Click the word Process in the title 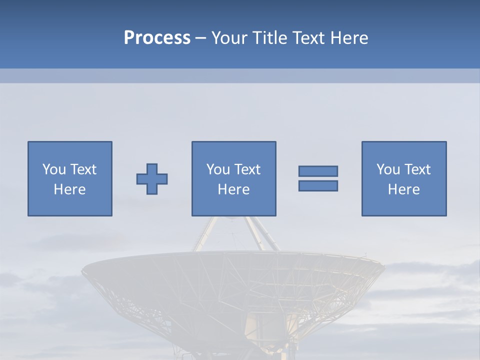[157, 38]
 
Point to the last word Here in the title [349, 38]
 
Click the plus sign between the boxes [152, 178]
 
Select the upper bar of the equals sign [318, 171]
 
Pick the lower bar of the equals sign [318, 185]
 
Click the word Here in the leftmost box [69, 189]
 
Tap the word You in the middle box [218, 169]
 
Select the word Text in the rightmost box [417, 169]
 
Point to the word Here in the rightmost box [403, 189]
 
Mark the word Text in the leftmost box [83, 169]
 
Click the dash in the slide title [200, 38]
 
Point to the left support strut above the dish [205, 233]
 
